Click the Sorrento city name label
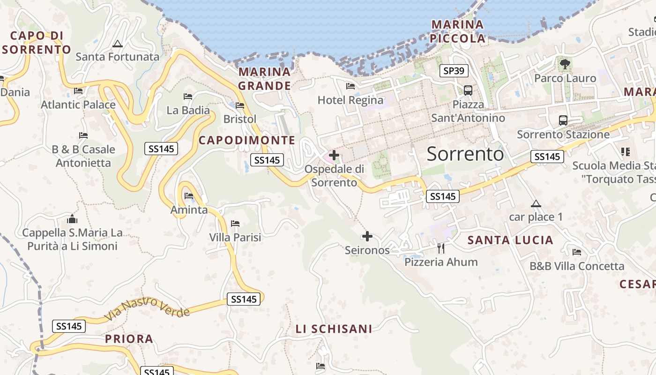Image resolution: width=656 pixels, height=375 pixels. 465,154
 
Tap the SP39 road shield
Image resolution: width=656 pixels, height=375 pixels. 454,71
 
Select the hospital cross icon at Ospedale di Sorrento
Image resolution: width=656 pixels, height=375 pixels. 334,155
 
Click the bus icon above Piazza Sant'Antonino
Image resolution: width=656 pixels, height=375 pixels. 468,90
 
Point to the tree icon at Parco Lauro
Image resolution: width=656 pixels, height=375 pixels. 565,63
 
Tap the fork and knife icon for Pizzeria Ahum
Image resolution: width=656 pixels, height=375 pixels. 440,248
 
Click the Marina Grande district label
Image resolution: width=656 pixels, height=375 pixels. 265,79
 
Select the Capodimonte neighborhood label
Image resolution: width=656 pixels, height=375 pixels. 247,140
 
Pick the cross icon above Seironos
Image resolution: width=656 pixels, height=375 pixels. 367,236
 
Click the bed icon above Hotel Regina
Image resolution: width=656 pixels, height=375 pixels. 350,86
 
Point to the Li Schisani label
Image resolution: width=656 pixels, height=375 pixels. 334,329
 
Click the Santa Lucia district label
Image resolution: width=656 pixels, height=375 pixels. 510,240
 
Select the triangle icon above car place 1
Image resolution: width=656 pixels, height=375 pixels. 536,203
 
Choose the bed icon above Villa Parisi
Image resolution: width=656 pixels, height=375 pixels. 235,224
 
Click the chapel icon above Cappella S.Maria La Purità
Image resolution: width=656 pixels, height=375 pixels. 72,218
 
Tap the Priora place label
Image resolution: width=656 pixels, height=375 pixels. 129,339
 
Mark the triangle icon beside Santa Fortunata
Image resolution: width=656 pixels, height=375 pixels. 118,44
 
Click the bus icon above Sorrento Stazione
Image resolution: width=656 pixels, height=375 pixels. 563,120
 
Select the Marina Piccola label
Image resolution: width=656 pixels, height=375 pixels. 458,31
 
